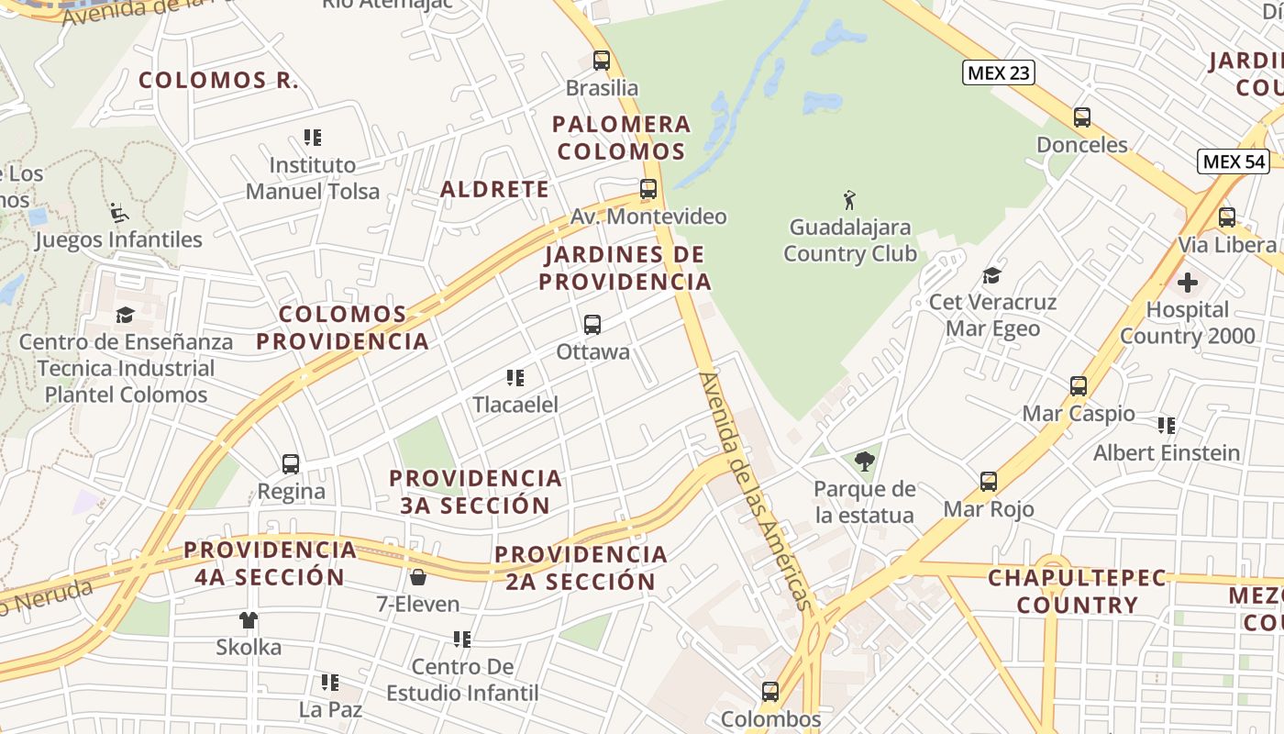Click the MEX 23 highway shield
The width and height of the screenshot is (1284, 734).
pyautogui.click(x=998, y=72)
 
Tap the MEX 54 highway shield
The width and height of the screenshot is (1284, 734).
pyautogui.click(x=1234, y=161)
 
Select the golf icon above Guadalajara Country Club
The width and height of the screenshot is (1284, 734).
pyautogui.click(x=849, y=199)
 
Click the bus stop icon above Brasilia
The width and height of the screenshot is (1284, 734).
pyautogui.click(x=602, y=61)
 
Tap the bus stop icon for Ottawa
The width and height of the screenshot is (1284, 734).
pyautogui.click(x=592, y=325)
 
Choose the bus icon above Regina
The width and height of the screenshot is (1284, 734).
pyautogui.click(x=291, y=464)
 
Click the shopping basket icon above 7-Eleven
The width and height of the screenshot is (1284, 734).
pyautogui.click(x=418, y=577)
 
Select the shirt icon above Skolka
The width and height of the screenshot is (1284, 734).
pyautogui.click(x=249, y=620)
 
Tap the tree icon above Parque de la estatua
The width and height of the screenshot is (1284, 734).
pyautogui.click(x=864, y=462)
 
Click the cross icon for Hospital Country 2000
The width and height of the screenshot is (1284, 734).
pyautogui.click(x=1187, y=283)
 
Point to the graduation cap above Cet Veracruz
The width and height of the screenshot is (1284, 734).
pyautogui.click(x=991, y=275)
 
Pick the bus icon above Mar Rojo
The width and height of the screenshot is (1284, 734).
pyautogui.click(x=989, y=482)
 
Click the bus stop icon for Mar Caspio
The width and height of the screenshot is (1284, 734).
pyautogui.click(x=1079, y=386)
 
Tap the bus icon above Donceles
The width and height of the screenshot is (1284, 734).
pyautogui.click(x=1082, y=117)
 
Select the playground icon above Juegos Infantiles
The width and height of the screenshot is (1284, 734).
pyautogui.click(x=118, y=213)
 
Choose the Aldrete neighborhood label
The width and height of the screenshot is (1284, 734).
pyautogui.click(x=494, y=190)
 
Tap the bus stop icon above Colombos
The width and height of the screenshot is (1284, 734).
pyautogui.click(x=770, y=692)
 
